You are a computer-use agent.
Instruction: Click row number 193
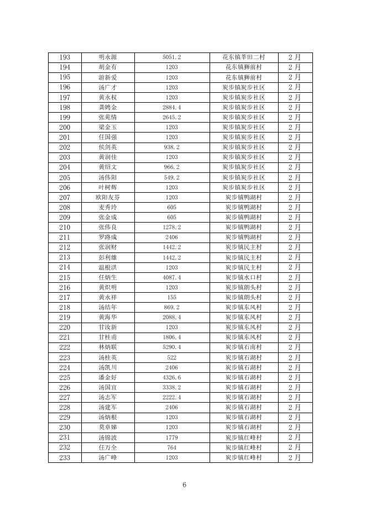point(64,57)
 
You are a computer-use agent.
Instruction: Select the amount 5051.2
point(172,57)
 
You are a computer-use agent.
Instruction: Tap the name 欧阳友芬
point(107,197)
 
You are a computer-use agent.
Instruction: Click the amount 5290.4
point(172,347)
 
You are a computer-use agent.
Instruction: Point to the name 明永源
point(107,57)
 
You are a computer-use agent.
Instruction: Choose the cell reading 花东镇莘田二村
point(244,57)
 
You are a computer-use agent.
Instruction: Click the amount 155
point(172,297)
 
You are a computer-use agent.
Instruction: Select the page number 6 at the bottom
point(184,485)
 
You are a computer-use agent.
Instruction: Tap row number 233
point(64,457)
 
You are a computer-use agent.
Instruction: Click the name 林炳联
point(107,347)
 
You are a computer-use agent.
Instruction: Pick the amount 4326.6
point(172,377)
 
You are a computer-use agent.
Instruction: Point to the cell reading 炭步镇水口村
point(244,277)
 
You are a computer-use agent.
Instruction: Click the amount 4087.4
point(172,277)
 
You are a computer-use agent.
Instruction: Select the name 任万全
point(107,447)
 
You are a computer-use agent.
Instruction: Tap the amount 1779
point(172,437)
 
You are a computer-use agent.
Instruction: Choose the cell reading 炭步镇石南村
point(244,347)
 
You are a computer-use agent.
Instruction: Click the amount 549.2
point(172,177)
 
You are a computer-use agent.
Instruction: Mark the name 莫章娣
point(107,427)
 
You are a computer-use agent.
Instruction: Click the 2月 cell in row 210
point(295,227)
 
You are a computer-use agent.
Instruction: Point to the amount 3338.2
point(172,387)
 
